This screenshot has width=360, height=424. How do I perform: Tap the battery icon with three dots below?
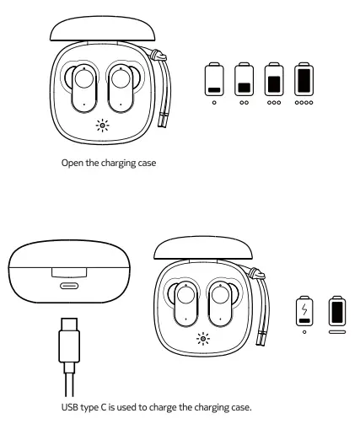[x=272, y=78]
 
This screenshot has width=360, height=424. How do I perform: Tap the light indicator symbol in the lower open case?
[x=202, y=340]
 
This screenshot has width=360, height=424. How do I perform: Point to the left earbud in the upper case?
[x=83, y=88]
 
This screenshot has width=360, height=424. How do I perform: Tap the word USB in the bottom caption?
[x=71, y=407]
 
